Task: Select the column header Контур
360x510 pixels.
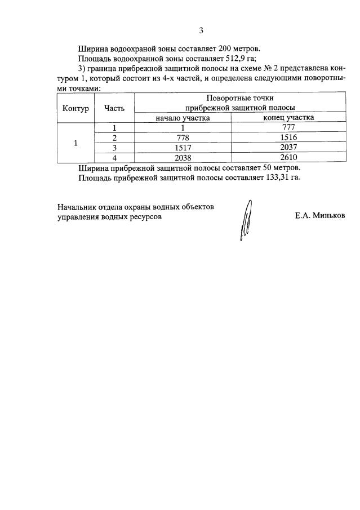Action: pyautogui.click(x=76, y=108)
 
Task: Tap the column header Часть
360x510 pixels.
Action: pyautogui.click(x=114, y=108)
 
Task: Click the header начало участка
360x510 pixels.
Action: pyautogui.click(x=183, y=118)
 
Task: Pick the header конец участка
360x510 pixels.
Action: pyautogui.click(x=289, y=118)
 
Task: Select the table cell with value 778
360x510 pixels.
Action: pyautogui.click(x=183, y=138)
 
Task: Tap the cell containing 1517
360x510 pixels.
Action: pyautogui.click(x=183, y=148)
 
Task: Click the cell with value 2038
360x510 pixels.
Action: pyautogui.click(x=183, y=158)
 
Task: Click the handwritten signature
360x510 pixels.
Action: pyautogui.click(x=245, y=221)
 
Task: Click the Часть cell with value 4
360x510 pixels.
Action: pyautogui.click(x=114, y=158)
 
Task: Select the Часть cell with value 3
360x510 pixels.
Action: pyautogui.click(x=114, y=148)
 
